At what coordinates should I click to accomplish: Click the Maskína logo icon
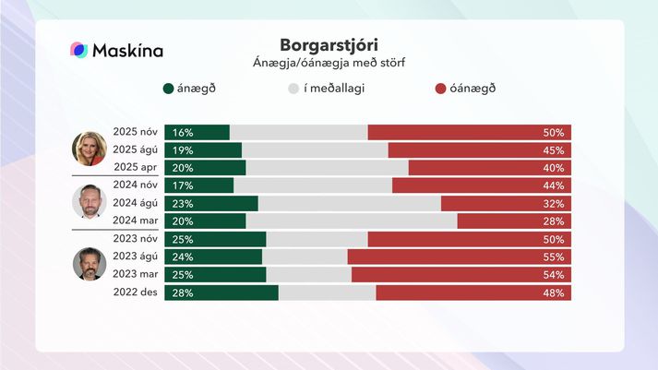[79, 50]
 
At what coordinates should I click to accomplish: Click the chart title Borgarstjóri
[329, 45]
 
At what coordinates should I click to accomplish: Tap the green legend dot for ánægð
[168, 89]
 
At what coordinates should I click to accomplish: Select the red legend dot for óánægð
[441, 89]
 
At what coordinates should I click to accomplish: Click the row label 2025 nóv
[136, 132]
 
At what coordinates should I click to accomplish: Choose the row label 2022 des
[136, 292]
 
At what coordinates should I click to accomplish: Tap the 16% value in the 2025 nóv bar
[182, 132]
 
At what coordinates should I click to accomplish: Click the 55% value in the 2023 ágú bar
[554, 257]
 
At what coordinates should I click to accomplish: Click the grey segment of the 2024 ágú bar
[349, 203]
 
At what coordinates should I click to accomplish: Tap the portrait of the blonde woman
[90, 148]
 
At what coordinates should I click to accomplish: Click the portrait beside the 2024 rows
[90, 201]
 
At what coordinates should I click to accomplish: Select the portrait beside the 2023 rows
[90, 264]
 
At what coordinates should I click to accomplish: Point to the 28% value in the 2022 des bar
[182, 292]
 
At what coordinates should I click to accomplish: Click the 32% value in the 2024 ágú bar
[554, 203]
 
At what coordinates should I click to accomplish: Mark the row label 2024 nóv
[136, 185]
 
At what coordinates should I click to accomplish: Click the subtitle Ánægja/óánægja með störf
[329, 63]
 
